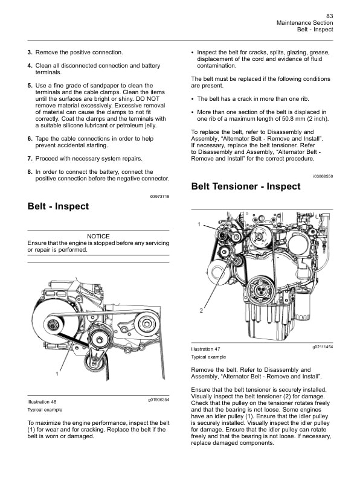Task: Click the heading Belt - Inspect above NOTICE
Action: [x=58, y=206]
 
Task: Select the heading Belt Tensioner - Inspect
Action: [x=245, y=186]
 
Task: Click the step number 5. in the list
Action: [x=30, y=86]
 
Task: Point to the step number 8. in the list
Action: [x=30, y=171]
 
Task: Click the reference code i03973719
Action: [x=159, y=197]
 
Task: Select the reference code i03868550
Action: [x=323, y=176]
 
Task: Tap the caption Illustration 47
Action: [x=205, y=349]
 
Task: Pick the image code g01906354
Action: [x=158, y=400]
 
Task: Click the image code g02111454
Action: [x=323, y=347]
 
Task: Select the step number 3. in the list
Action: [x=30, y=53]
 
